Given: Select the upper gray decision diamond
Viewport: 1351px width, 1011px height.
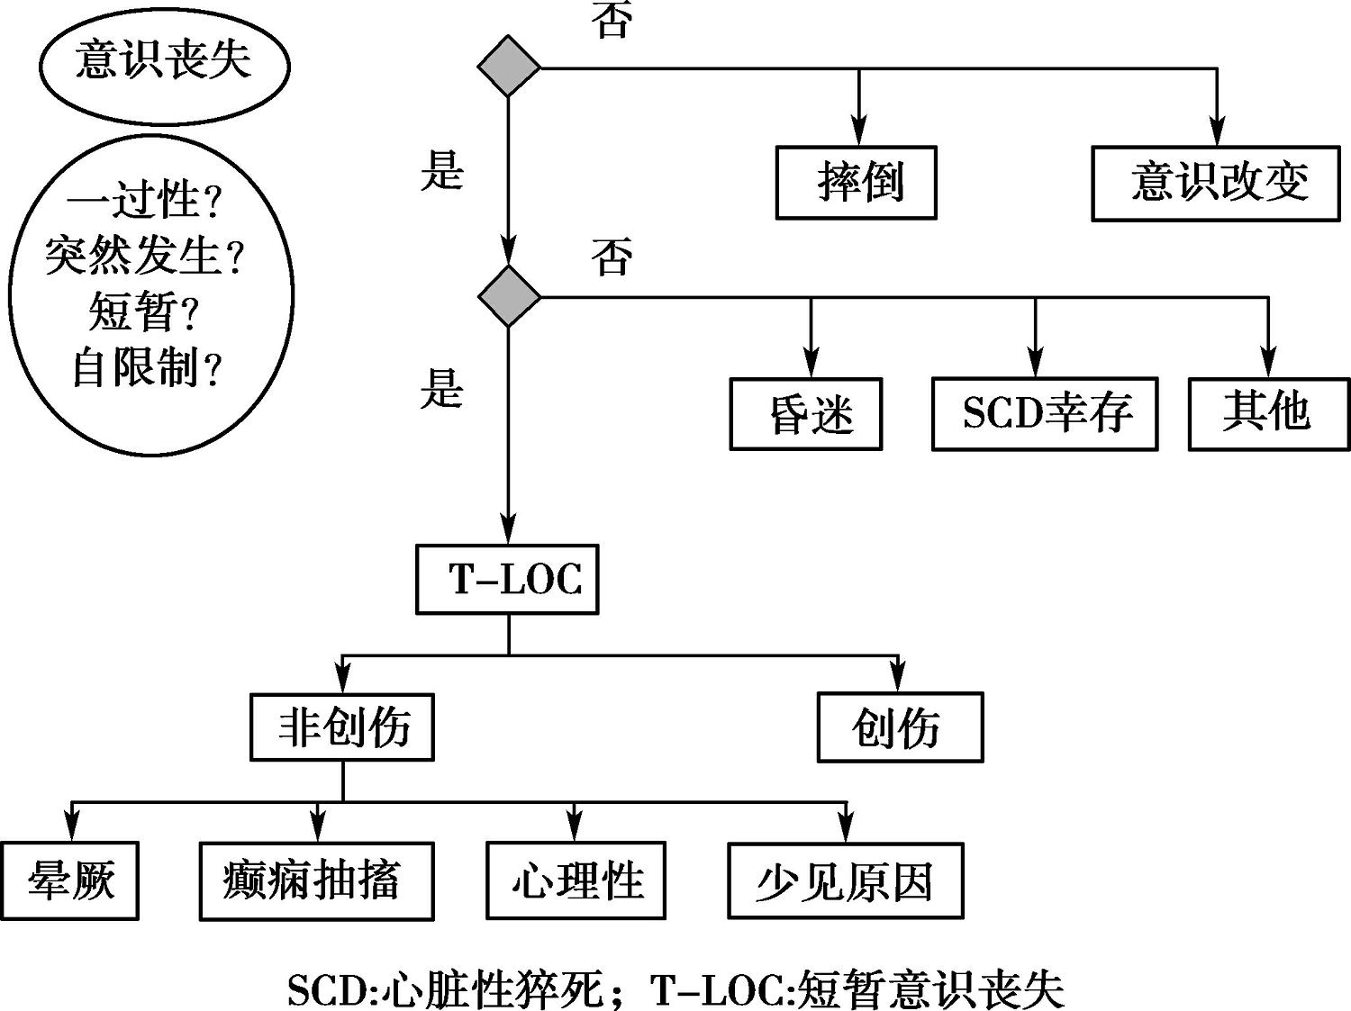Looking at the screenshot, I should tap(509, 66).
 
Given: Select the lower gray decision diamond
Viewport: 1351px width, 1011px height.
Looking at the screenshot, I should tap(509, 295).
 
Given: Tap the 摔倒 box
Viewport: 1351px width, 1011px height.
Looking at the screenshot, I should tap(856, 183).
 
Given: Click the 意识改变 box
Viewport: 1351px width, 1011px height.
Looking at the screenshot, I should tap(1216, 183).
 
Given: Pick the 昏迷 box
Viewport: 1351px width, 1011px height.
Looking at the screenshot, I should tap(806, 414).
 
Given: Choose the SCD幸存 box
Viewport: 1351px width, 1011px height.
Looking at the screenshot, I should tap(1045, 414).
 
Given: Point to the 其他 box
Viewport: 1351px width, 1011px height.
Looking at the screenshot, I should tap(1268, 413).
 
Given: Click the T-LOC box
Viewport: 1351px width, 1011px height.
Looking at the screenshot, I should tap(507, 579).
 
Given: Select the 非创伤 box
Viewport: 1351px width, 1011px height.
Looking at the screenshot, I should tap(342, 727).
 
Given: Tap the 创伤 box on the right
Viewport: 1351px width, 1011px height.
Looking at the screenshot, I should tap(900, 727).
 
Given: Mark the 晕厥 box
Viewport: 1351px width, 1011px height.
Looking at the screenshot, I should tap(70, 880).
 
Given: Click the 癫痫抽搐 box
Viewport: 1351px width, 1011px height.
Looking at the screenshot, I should tap(316, 880).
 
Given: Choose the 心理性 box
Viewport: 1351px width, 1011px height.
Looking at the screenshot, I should tap(576, 880).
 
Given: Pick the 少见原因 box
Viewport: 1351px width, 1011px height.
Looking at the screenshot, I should tap(845, 880).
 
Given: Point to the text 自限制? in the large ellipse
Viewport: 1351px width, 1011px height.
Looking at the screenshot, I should tap(146, 367).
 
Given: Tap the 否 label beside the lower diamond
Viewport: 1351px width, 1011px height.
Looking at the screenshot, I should tap(612, 257).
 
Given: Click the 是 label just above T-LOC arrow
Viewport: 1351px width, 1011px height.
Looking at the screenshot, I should tap(441, 390).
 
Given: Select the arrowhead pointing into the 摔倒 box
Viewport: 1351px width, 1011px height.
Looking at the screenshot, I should tap(859, 133).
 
